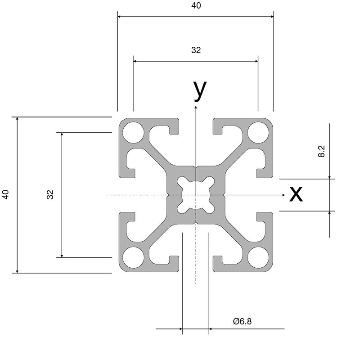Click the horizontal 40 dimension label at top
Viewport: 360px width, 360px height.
tap(196, 5)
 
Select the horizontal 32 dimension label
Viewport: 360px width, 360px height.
tap(196, 50)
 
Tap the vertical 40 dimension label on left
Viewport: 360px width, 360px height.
tap(5, 194)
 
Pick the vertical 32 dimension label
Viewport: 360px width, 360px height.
tap(50, 194)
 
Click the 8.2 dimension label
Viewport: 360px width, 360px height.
tap(321, 151)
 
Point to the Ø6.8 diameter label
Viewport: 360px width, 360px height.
tap(242, 321)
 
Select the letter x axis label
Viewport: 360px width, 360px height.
tap(296, 194)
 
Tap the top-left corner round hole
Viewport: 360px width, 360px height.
tap(133, 133)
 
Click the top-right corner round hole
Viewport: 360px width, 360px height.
tap(258, 133)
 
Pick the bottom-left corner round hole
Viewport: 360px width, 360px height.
tap(133, 257)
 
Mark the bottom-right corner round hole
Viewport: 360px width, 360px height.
tap(258, 257)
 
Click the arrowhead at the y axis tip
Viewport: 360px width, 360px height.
tap(196, 107)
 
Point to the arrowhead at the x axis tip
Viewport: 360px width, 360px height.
tap(283, 195)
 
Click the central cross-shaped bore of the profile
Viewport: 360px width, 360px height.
tap(196, 195)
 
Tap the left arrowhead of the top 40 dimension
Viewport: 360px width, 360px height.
tap(119, 17)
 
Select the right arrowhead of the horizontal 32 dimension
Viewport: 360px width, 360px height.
tap(256, 61)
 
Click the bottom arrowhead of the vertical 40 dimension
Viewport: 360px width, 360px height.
tap(17, 271)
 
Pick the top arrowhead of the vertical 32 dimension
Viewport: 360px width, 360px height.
tap(62, 135)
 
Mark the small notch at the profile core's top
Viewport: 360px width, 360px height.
tap(196, 167)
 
